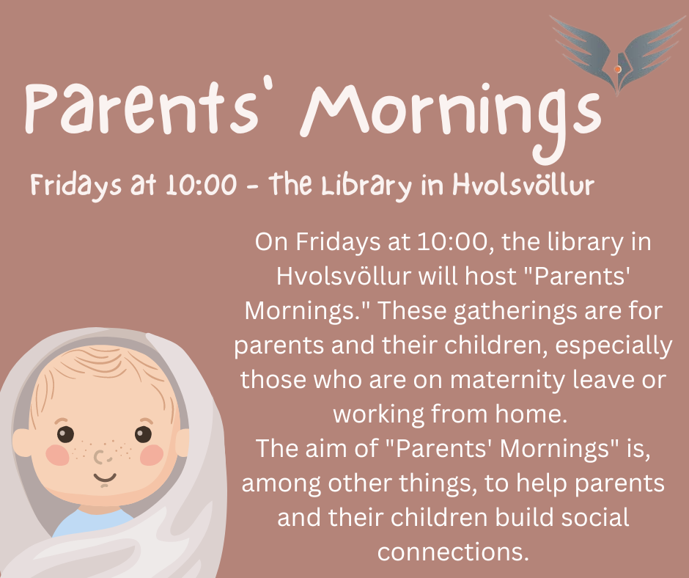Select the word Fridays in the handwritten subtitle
click(x=75, y=184)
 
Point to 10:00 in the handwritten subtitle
click(x=202, y=184)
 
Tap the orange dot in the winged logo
click(x=617, y=69)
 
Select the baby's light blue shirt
click(x=92, y=522)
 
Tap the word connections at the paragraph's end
click(x=453, y=552)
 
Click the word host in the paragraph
click(x=491, y=277)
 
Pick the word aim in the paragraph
click(x=337, y=448)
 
